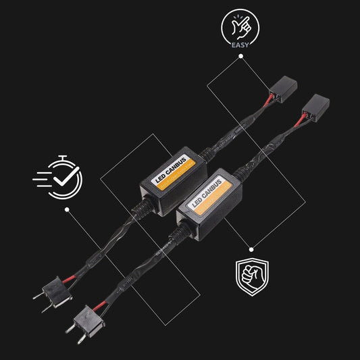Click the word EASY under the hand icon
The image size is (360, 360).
240,45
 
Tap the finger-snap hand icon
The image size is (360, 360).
240,27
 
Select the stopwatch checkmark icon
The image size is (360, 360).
58,177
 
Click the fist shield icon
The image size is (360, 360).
252,277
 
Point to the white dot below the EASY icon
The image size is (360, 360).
240,56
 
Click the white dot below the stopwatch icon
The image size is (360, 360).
67,209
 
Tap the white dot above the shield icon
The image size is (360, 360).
251,249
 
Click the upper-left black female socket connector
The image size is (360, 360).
283,89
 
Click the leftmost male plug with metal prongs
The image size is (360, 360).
53,293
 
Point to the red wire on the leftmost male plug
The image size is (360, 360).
69,279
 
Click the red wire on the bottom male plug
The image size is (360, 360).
99,305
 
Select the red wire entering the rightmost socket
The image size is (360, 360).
300,119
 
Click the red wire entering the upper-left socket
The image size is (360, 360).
268,100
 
